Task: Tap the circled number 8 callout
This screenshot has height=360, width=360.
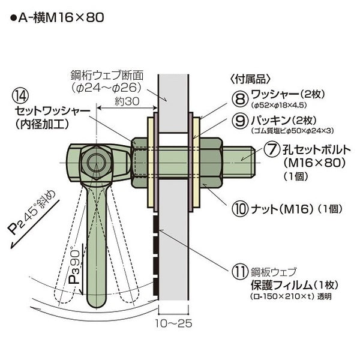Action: coord(241,99)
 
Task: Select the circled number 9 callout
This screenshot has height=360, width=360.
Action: coord(241,121)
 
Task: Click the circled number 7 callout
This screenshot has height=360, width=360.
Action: coord(272,149)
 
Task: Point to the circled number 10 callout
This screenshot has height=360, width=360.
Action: coord(241,209)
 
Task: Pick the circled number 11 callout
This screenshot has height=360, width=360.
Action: coord(241,272)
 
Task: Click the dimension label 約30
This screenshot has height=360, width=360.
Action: coord(127,101)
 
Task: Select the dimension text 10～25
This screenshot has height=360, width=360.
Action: coord(173,323)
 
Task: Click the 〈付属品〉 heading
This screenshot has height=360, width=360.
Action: coord(250,79)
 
